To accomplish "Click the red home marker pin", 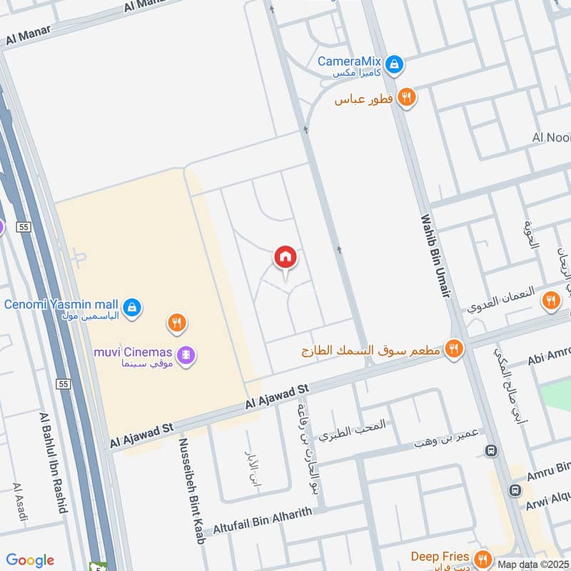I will click(285, 257).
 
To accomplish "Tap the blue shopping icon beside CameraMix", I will click(394, 66).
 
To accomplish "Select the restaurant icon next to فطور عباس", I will click(407, 98).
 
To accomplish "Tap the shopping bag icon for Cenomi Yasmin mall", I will click(131, 308).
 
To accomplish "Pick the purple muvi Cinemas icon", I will click(186, 353).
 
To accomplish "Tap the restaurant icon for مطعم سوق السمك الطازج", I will click(453, 349).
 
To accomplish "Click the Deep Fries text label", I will click(440, 556).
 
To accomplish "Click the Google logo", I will click(30, 560).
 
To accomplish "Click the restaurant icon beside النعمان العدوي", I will click(550, 300).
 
